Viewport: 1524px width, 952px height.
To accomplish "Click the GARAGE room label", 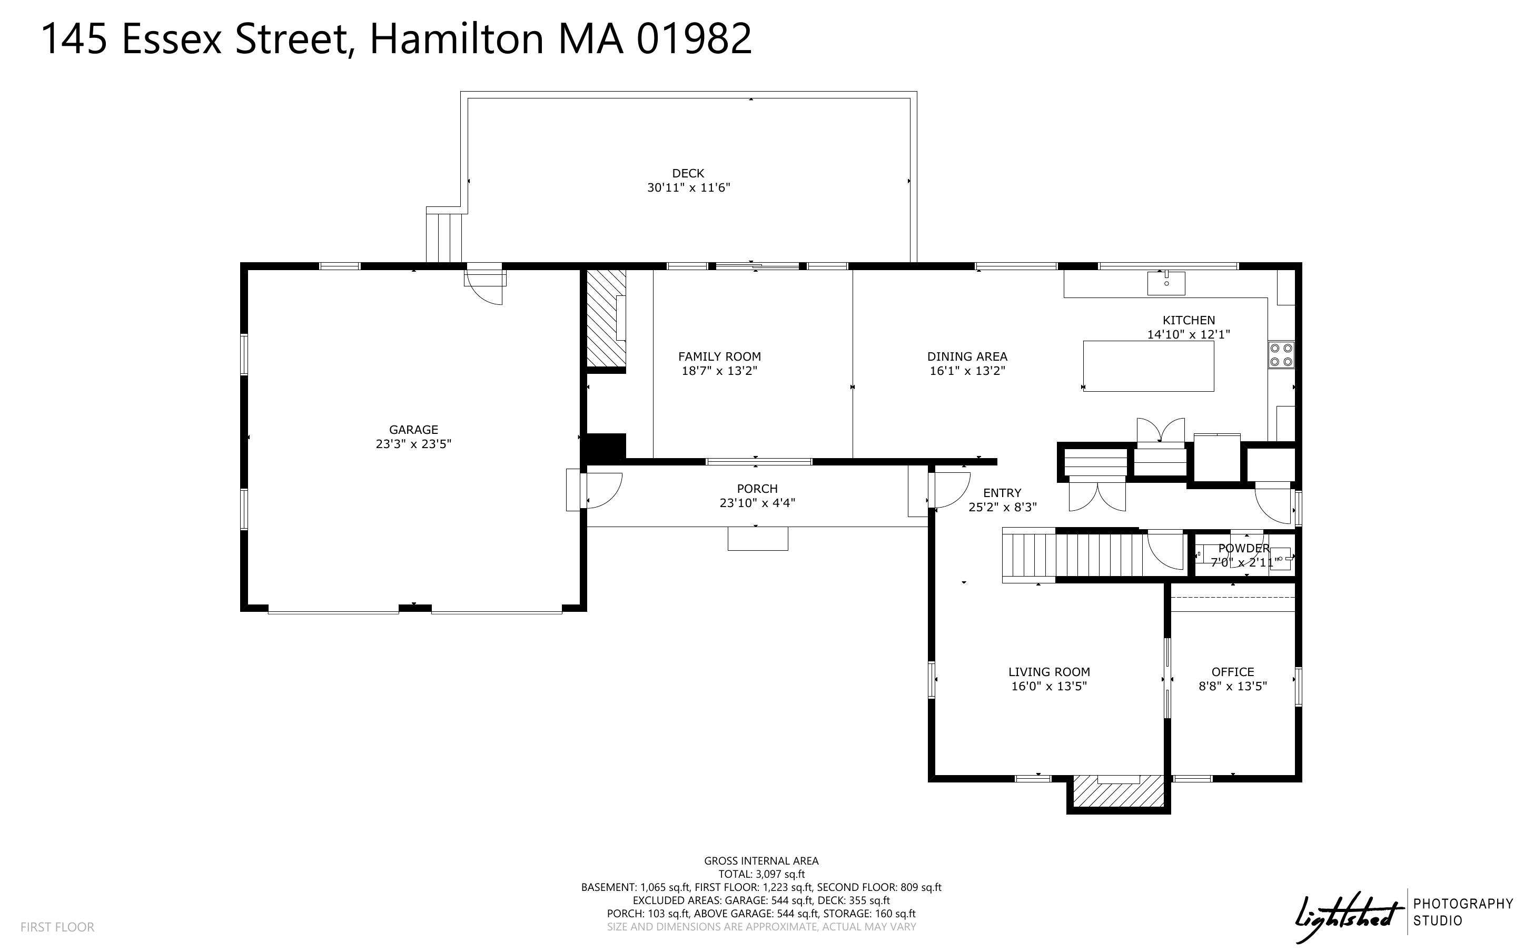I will pos(413,430).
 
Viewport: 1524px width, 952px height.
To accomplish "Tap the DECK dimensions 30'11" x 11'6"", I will pos(688,187).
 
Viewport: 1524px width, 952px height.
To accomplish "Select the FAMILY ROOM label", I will pos(719,356).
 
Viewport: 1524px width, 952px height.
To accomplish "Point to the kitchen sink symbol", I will pos(1165,283).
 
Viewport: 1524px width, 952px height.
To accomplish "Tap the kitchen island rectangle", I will pos(1147,366).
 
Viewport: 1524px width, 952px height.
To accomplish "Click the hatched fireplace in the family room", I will pos(605,318).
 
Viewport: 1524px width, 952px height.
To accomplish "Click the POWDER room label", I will pos(1243,548).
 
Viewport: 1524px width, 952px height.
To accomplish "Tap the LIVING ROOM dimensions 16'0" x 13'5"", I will pos(1048,686).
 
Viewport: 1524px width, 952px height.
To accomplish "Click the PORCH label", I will pos(757,489).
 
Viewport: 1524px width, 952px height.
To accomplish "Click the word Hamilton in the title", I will pos(457,39).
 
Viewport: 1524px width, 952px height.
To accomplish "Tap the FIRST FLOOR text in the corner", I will pos(57,927).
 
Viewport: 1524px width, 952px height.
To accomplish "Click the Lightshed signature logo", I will pos(1347,917).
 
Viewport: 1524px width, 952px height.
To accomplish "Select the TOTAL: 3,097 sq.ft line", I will pos(761,874).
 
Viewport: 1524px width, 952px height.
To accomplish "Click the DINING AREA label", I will pos(967,356).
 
